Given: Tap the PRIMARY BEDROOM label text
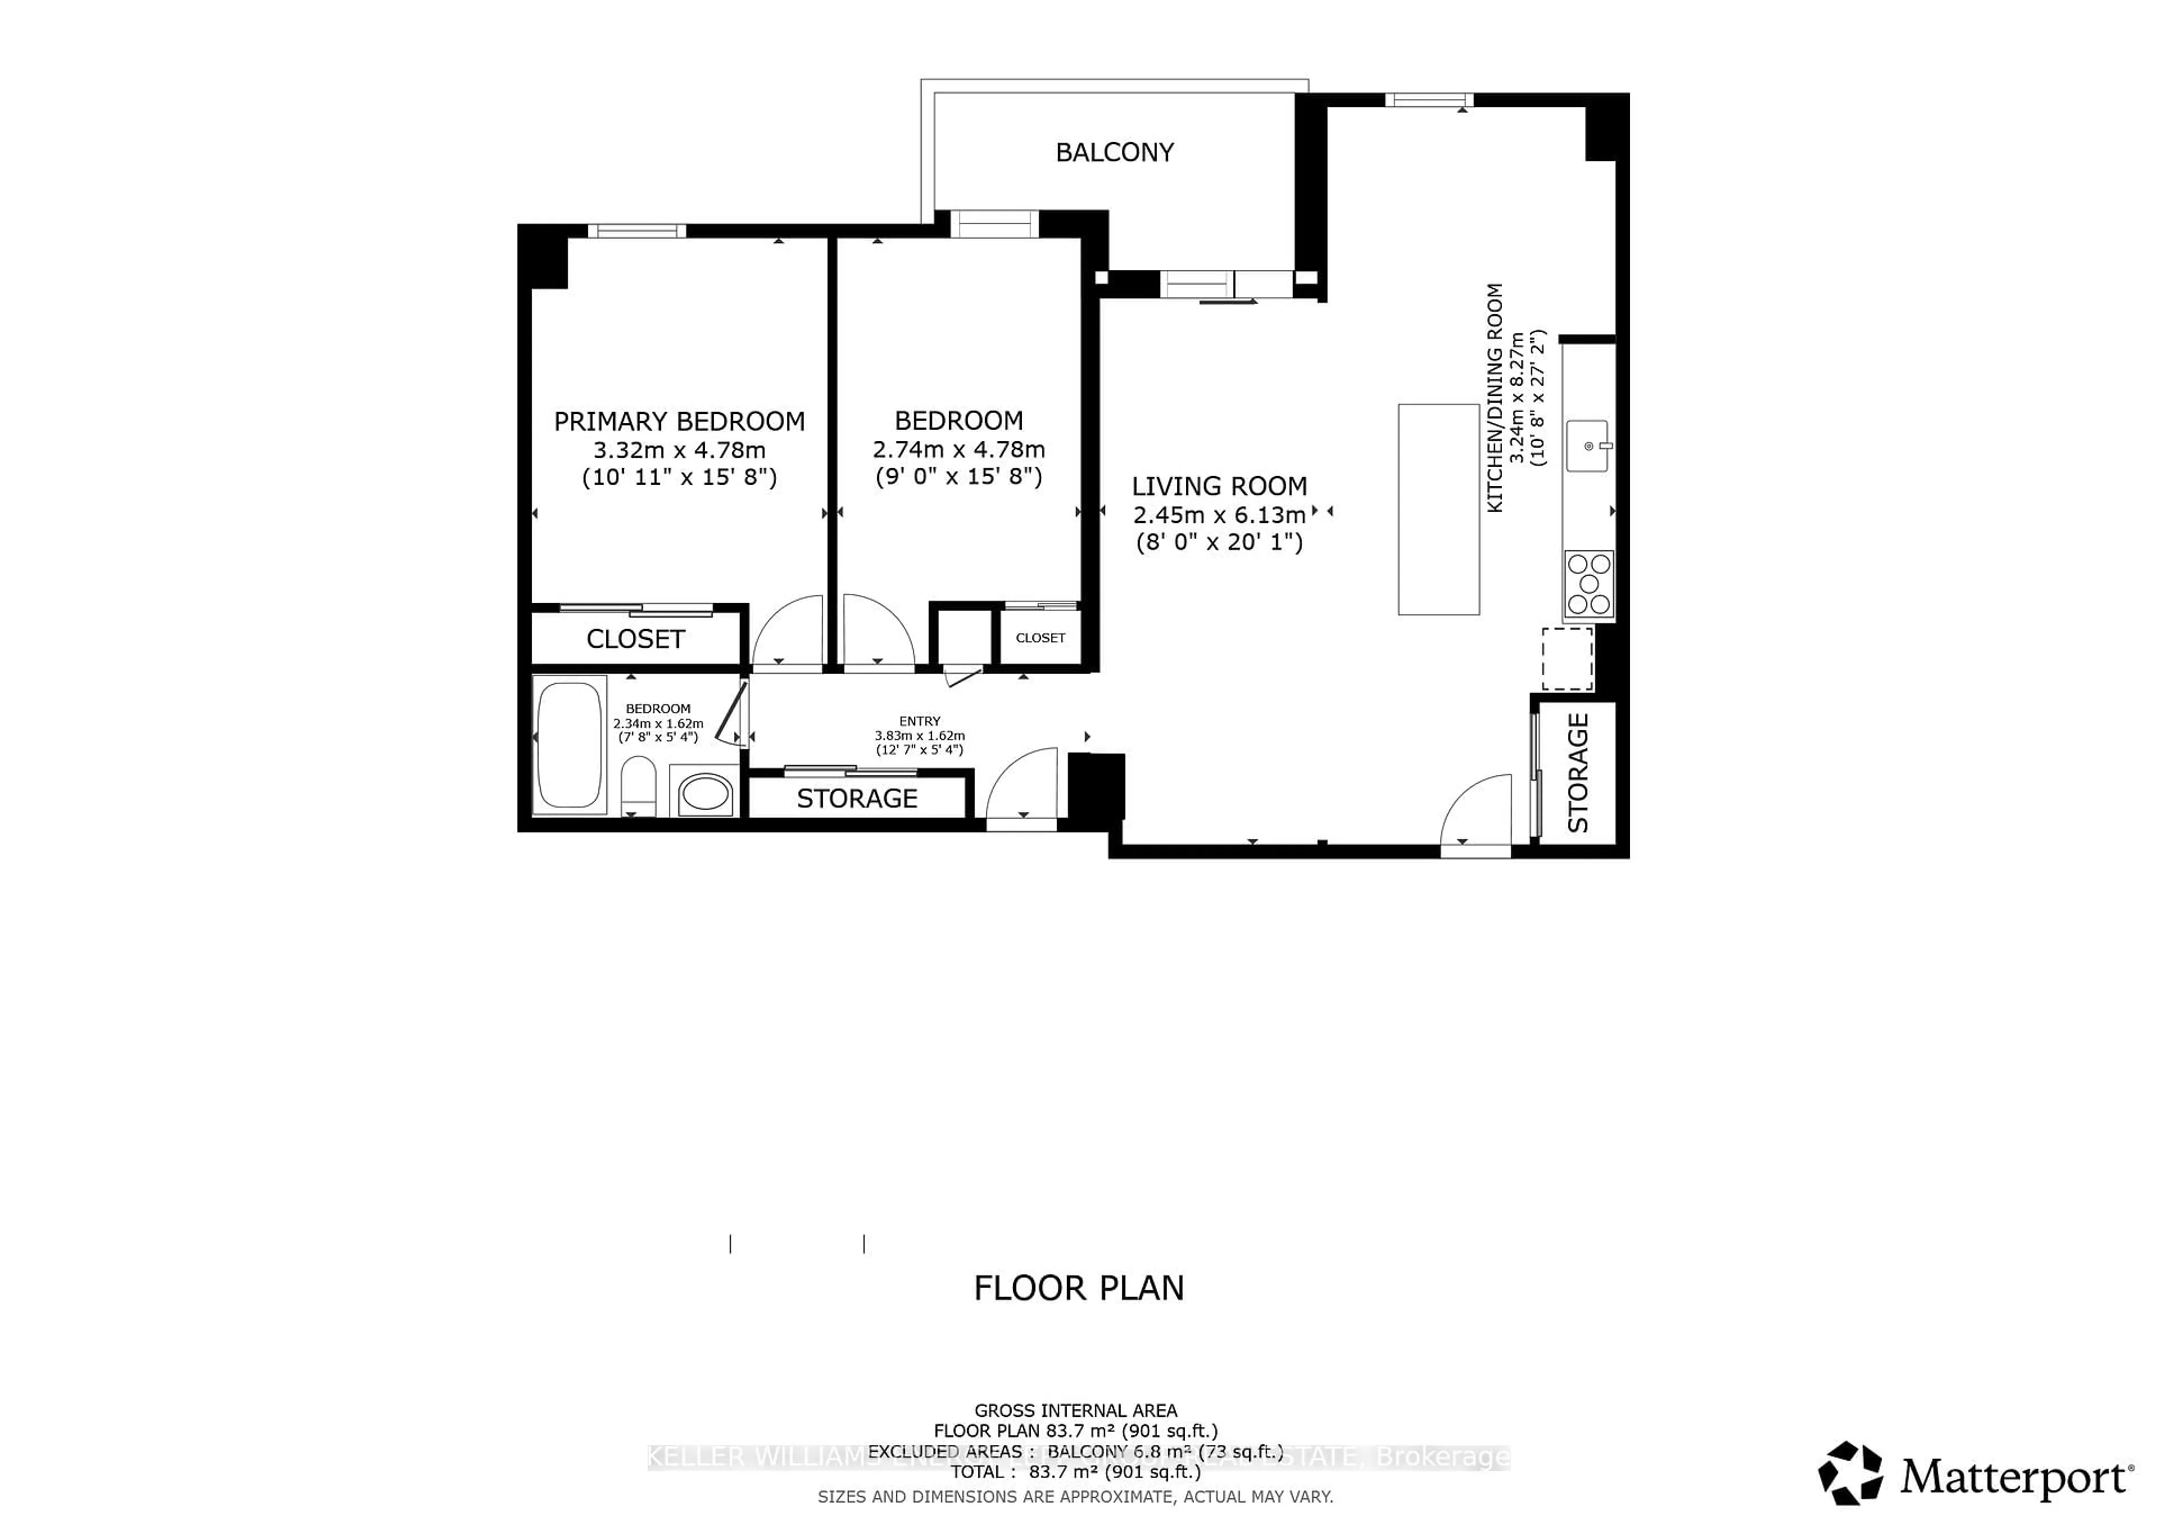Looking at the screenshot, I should click(x=679, y=421).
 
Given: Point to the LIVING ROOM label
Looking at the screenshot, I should click(x=1219, y=486).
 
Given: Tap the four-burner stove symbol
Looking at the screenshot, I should click(x=1588, y=584).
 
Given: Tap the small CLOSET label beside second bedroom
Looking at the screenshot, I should click(x=1040, y=638).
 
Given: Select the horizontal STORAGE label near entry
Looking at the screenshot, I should click(x=856, y=798).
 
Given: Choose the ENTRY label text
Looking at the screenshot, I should click(x=919, y=721).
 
